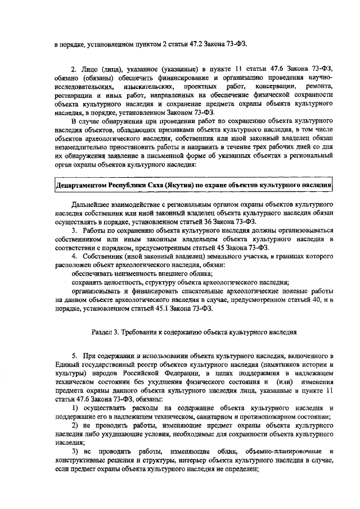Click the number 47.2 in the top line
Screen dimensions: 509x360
pyautogui.click(x=199, y=43)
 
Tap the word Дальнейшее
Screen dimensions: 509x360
pyautogui.click(x=93, y=204)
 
